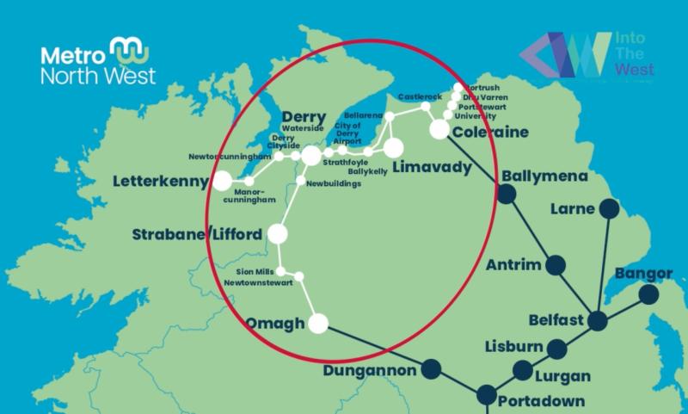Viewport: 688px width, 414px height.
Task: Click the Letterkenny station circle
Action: (223, 181)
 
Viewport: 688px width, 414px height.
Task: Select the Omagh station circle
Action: (318, 324)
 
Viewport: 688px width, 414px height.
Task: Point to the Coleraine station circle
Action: (439, 129)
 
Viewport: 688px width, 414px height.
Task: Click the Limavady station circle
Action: (393, 148)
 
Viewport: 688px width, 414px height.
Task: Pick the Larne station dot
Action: (609, 208)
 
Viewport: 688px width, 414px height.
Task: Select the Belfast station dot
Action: (597, 321)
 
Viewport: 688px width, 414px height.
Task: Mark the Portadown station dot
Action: (487, 396)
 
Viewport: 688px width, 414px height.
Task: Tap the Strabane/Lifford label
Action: (198, 234)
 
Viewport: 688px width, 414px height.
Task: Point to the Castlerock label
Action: (419, 98)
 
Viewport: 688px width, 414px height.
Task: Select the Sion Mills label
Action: (254, 269)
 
